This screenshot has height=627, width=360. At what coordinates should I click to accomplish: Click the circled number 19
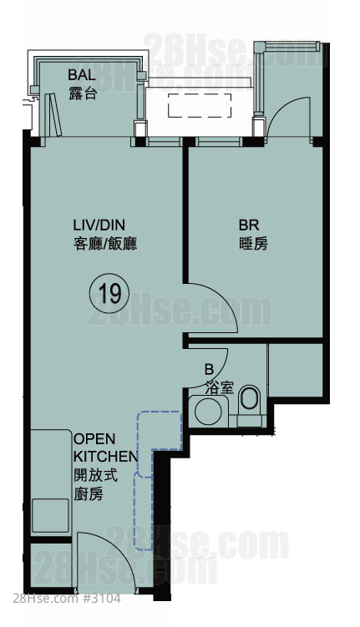[109, 294]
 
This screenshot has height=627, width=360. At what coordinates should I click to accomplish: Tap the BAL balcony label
[82, 75]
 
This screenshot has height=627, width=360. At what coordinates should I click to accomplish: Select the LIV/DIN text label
[99, 225]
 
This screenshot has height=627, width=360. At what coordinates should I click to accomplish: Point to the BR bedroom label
[249, 225]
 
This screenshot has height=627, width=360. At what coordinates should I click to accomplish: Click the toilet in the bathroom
[250, 405]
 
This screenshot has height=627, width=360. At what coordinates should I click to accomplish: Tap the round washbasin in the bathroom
[209, 411]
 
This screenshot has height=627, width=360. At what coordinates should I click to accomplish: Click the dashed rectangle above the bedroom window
[200, 105]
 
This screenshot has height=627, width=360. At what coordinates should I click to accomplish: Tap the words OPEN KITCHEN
[105, 447]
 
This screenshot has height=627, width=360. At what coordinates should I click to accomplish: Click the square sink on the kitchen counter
[50, 515]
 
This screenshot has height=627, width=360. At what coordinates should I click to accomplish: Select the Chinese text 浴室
[220, 387]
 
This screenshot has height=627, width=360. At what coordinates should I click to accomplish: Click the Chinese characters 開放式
[95, 475]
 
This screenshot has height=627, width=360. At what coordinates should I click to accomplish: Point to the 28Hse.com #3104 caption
[66, 599]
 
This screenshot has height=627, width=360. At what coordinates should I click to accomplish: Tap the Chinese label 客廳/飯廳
[105, 244]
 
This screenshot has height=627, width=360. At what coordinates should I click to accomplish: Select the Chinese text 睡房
[253, 244]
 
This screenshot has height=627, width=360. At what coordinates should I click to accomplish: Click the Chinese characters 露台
[83, 94]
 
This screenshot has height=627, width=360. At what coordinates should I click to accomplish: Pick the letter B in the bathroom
[209, 369]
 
